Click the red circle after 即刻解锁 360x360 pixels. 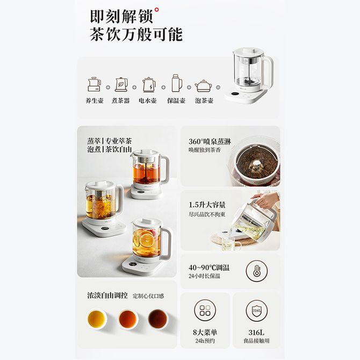[156, 10]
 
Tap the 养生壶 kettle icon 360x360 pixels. [95, 84]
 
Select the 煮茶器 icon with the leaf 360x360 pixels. [121, 84]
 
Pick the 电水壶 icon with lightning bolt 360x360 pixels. [149, 84]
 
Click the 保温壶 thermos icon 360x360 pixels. [177, 83]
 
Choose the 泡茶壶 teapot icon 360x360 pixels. [203, 85]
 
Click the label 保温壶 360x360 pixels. [176, 100]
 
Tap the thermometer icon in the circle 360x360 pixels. [257, 271]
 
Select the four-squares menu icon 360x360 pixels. [205, 310]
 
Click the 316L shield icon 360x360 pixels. [257, 310]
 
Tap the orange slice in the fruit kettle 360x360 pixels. [147, 240]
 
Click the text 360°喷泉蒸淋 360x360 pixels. [210, 141]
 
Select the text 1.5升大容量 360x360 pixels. [207, 205]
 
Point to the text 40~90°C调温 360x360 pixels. [209, 268]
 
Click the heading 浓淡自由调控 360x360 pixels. [107, 296]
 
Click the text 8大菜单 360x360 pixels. [205, 332]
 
